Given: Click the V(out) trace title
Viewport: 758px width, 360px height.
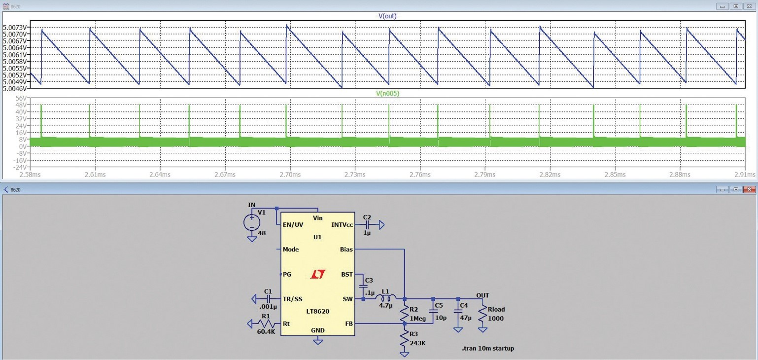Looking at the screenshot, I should pyautogui.click(x=387, y=16).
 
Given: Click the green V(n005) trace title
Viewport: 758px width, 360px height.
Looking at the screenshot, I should pyautogui.click(x=387, y=93).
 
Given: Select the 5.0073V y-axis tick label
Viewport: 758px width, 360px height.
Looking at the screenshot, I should pyautogui.click(x=15, y=27).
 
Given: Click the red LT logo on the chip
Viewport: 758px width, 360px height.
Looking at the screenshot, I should pyautogui.click(x=318, y=274).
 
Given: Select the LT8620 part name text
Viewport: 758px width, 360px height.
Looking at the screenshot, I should pyautogui.click(x=317, y=311).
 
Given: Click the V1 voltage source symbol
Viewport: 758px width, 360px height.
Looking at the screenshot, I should pyautogui.click(x=252, y=222).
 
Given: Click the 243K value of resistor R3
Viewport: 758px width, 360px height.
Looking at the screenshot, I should pyautogui.click(x=417, y=343).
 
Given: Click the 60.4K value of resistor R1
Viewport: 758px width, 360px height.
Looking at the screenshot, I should pyautogui.click(x=266, y=331).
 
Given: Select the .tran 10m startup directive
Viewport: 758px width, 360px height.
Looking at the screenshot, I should pyautogui.click(x=487, y=348).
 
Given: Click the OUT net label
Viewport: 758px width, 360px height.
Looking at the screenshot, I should pyautogui.click(x=482, y=295).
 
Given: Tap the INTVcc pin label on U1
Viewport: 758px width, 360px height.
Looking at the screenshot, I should pyautogui.click(x=342, y=225).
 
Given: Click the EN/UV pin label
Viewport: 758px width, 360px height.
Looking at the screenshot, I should pyautogui.click(x=293, y=225).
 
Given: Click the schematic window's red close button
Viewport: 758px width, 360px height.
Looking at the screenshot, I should pyautogui.click(x=750, y=190).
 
